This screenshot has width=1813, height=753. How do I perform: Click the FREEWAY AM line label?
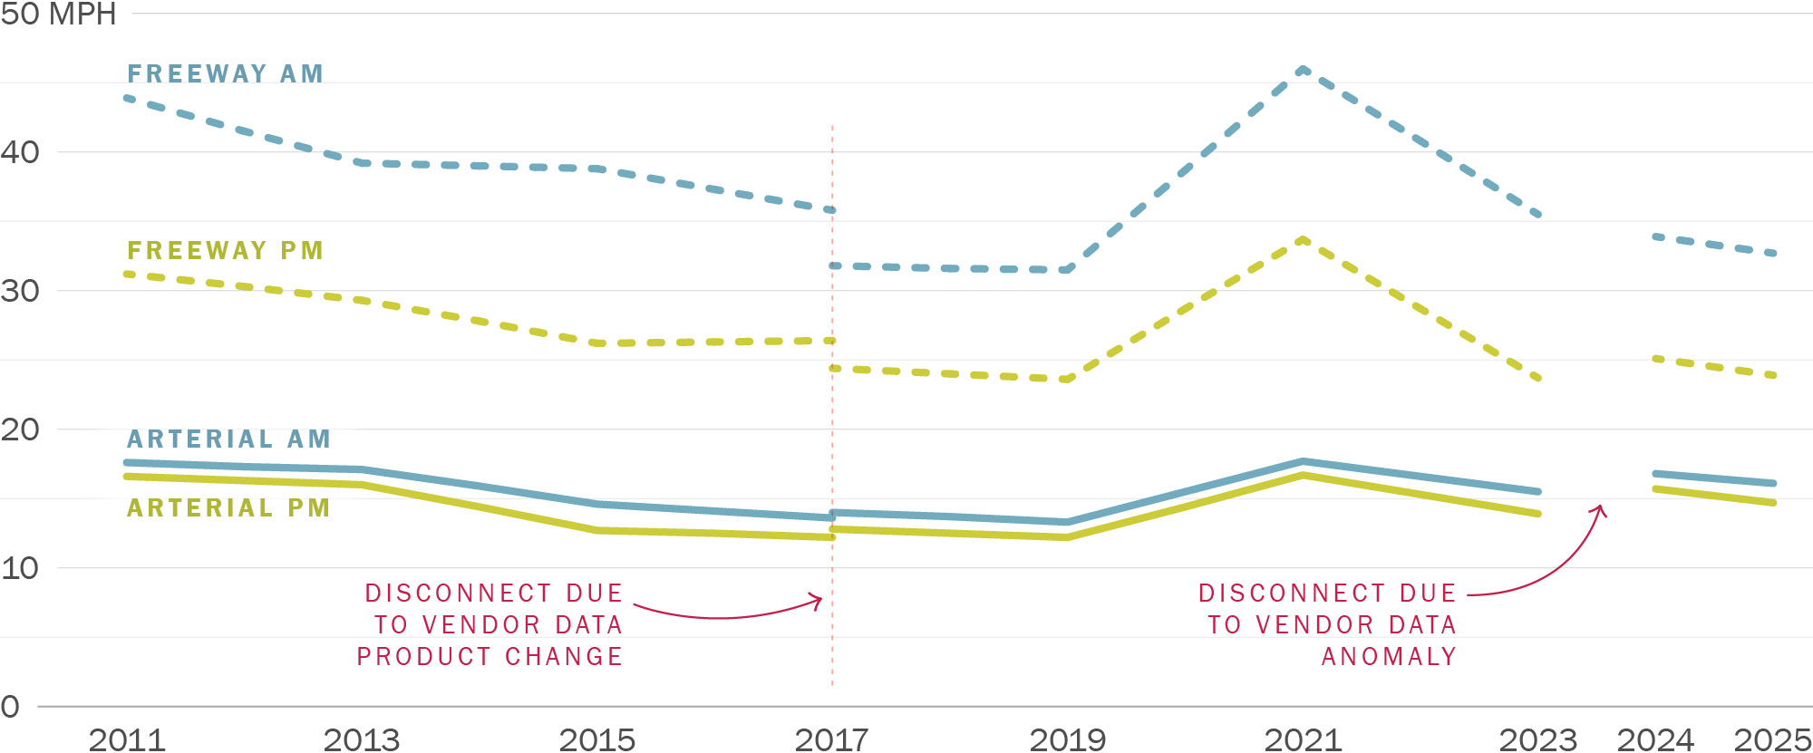pyautogui.click(x=225, y=73)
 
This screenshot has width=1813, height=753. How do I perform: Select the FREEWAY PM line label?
pyautogui.click(x=225, y=250)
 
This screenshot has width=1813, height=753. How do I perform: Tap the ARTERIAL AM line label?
pyautogui.click(x=228, y=439)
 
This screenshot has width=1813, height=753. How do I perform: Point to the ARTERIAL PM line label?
pyautogui.click(x=228, y=507)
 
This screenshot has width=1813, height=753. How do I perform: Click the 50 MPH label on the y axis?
pyautogui.click(x=58, y=14)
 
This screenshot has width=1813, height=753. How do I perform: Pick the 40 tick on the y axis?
pyautogui.click(x=20, y=152)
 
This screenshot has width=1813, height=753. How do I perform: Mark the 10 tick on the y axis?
pyautogui.click(x=20, y=568)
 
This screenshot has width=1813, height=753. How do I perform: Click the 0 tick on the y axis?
pyautogui.click(x=10, y=706)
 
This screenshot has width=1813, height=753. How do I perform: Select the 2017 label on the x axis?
pyautogui.click(x=831, y=739)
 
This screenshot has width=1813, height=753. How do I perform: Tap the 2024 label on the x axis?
pyautogui.click(x=1655, y=739)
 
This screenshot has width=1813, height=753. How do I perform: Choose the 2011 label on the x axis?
pyautogui.click(x=127, y=739)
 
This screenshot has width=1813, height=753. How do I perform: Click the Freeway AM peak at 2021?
pyautogui.click(x=1303, y=69)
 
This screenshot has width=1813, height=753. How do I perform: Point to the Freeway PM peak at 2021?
pyautogui.click(x=1303, y=239)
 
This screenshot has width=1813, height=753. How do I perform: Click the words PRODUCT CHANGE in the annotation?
pyautogui.click(x=490, y=656)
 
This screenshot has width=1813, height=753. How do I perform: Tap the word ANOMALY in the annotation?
pyautogui.click(x=1389, y=656)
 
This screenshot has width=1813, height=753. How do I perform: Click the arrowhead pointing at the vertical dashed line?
pyautogui.click(x=819, y=601)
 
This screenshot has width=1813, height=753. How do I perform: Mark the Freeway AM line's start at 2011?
pyautogui.click(x=128, y=98)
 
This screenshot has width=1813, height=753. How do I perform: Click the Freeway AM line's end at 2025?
pyautogui.click(x=1773, y=253)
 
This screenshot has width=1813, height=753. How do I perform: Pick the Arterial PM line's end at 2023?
pyautogui.click(x=1537, y=514)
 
